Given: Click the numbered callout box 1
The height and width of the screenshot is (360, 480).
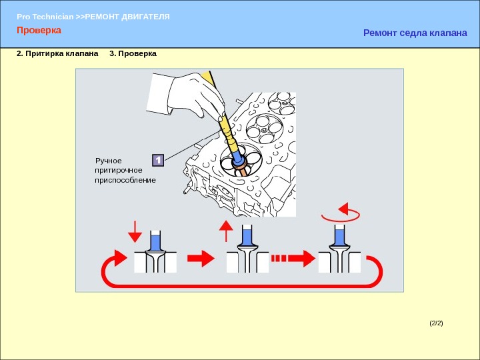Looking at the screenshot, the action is tap(158, 160).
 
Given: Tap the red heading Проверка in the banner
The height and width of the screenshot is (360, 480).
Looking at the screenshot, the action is tap(39, 30).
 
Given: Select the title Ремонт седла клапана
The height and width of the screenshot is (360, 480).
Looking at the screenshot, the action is tap(415, 33).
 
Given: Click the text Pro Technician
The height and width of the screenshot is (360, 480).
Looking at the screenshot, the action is tap(45, 17).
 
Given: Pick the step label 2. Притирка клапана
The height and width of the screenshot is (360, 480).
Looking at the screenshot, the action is tap(57, 53).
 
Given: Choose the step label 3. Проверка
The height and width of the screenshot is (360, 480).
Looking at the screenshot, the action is tap(133, 53).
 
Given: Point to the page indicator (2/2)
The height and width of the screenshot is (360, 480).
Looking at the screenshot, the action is tap(436, 323).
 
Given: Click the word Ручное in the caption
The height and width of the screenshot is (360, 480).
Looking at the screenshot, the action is tap(109, 161).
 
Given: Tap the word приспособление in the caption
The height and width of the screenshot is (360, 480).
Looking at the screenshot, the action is tap(125, 180).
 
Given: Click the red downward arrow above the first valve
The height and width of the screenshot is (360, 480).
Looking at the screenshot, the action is tap(135, 232).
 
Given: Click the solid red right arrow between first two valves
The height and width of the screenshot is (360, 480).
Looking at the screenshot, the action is tap(201, 259).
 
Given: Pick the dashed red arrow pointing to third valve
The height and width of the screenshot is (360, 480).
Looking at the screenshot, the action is tap(293, 259).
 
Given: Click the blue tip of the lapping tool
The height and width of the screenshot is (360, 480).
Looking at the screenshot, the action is tap(237, 157).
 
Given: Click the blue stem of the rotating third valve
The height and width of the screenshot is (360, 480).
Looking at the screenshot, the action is tap(339, 237).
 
